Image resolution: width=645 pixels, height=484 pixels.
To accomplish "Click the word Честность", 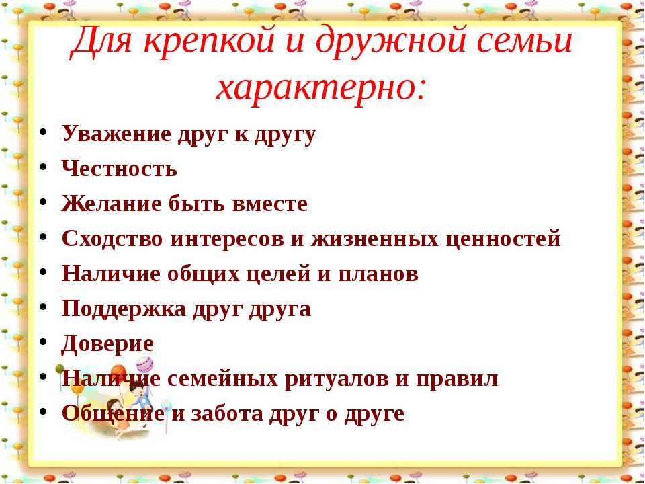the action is click(120, 168).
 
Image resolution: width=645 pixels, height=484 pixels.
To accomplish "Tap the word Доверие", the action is click(107, 344).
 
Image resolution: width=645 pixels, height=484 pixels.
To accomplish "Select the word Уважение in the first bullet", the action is click(116, 134).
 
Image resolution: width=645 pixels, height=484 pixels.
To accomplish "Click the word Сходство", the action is click(112, 238).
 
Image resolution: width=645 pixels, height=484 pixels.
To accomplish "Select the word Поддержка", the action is click(124, 309).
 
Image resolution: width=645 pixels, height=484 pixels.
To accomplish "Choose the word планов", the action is click(378, 274).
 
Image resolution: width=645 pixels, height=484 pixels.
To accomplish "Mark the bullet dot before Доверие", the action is click(43, 342).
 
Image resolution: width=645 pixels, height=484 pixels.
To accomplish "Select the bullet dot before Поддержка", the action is click(43, 307).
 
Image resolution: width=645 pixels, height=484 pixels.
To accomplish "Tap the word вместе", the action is click(270, 204).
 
